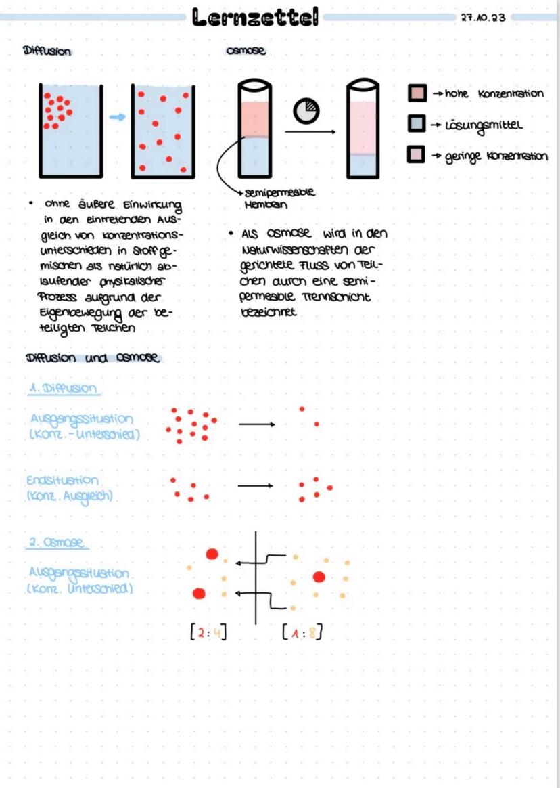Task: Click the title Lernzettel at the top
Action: (256, 18)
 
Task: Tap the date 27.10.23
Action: (482, 18)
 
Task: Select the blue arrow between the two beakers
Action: (118, 117)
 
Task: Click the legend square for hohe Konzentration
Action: (417, 93)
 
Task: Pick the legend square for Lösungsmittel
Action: (417, 125)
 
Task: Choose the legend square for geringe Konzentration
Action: (417, 156)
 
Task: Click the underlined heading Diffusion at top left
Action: (47, 51)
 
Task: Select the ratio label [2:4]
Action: (207, 634)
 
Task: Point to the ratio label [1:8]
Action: (301, 634)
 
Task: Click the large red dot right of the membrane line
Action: (319, 577)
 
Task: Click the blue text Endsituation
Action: (62, 480)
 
